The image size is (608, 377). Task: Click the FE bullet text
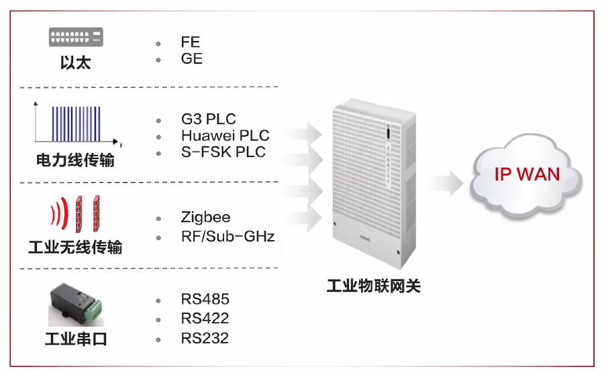191,42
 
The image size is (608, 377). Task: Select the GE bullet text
191,59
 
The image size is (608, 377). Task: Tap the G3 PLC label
208,119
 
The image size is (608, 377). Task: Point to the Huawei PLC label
225,136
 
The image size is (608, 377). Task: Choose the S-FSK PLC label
223,152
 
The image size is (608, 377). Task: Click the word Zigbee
205,217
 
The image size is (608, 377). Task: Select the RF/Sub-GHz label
227,236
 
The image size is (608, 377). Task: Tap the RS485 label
205,299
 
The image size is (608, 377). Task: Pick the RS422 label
205,318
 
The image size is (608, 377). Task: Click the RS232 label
205,338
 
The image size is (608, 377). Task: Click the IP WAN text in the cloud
527,174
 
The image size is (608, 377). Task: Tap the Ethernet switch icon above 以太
76,37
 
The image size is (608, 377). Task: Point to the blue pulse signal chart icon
76,123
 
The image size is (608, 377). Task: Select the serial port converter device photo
76,303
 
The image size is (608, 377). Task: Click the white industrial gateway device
370,181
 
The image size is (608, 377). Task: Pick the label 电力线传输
75,161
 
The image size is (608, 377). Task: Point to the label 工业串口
76,339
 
